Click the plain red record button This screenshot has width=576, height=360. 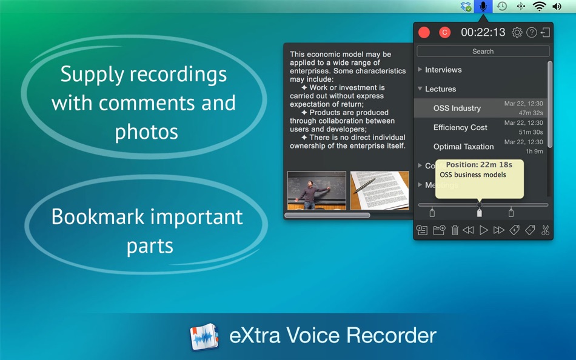424,33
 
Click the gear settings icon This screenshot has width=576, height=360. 517,33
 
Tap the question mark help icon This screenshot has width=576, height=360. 532,33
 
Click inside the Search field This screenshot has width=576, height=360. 483,52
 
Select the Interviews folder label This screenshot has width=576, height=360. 443,70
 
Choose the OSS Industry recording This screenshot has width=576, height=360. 457,108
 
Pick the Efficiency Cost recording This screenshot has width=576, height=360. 460,127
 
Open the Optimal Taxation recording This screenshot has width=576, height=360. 463,147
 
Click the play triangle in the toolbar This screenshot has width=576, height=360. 484,230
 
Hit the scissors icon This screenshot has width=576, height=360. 545,230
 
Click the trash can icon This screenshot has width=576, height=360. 455,230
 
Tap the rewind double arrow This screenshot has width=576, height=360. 468,230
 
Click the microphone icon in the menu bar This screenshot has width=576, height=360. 483,7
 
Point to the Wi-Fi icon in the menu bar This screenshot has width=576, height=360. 539,7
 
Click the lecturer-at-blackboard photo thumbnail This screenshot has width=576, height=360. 316,190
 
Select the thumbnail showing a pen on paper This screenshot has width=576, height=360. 380,190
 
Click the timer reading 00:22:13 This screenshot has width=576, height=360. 483,33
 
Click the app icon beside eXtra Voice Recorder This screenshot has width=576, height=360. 204,336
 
